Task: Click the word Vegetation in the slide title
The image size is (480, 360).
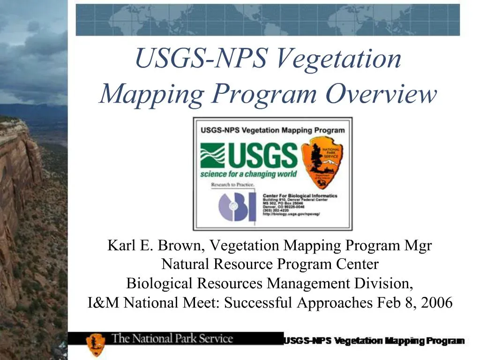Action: tap(339, 60)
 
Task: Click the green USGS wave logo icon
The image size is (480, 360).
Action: tap(212, 156)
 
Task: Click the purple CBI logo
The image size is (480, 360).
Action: tap(237, 207)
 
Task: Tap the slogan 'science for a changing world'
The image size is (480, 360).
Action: tap(248, 174)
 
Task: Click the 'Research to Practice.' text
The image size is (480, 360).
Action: tap(233, 185)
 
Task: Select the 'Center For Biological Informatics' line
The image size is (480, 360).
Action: tap(300, 195)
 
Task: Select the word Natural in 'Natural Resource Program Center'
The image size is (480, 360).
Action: tap(186, 265)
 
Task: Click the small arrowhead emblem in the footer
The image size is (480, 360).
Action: tap(96, 344)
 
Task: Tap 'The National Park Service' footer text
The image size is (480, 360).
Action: tap(172, 338)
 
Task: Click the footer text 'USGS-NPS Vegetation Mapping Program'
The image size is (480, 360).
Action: tap(374, 341)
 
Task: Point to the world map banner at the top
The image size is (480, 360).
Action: tap(268, 20)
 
